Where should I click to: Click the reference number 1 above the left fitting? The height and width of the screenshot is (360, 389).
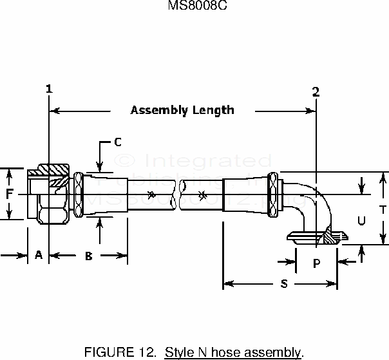(x=49, y=89)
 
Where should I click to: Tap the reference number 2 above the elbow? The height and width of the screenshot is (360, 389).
(x=316, y=91)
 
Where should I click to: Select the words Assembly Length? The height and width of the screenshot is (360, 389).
(x=182, y=110)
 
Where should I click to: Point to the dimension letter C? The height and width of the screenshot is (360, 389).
(x=118, y=141)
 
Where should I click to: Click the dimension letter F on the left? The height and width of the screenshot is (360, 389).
(x=10, y=194)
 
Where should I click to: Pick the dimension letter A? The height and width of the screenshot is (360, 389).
(x=38, y=256)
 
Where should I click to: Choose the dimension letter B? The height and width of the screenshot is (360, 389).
(x=89, y=256)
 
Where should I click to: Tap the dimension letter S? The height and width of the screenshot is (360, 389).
(x=284, y=283)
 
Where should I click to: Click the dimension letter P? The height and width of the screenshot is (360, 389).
(x=316, y=263)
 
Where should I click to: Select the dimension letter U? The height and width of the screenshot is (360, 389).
(x=361, y=220)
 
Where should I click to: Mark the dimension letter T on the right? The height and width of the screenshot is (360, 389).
(x=382, y=209)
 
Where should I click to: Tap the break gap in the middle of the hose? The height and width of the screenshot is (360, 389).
(x=177, y=194)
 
